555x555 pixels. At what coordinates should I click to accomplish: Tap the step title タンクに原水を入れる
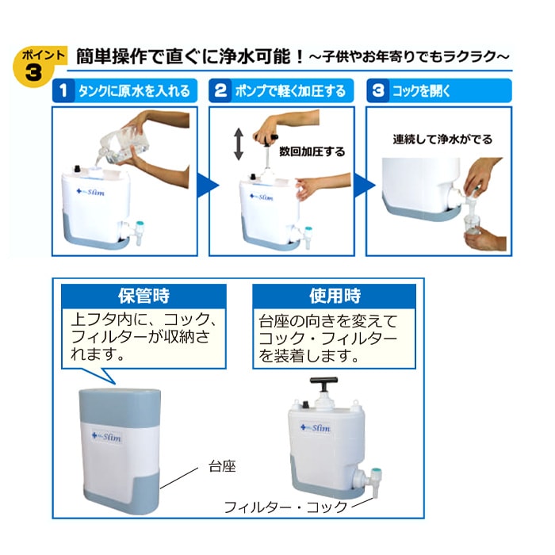[x=134, y=90]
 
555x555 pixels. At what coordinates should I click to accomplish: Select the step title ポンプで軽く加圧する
[x=290, y=90]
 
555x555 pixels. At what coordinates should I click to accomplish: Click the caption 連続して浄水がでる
[x=442, y=139]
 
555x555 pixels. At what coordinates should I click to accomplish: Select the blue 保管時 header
[x=144, y=297]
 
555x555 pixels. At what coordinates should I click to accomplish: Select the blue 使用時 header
[x=334, y=297]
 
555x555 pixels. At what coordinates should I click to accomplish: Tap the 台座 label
[x=224, y=467]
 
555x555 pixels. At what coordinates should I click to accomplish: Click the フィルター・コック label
[x=286, y=507]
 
